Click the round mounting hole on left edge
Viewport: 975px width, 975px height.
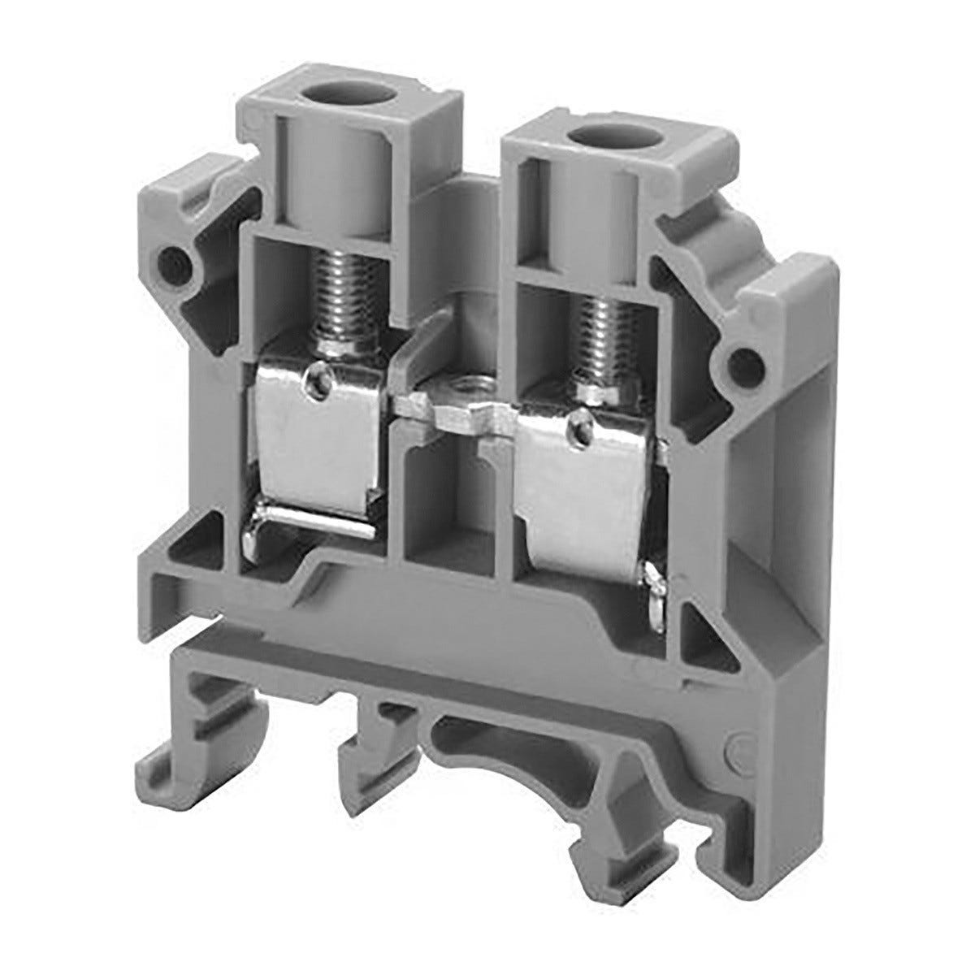point(173,262)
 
